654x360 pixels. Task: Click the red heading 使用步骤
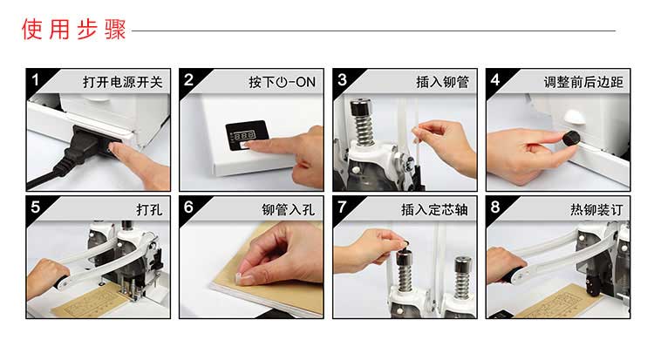tap(74, 29)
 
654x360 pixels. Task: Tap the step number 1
tap(35, 79)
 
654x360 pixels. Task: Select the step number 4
tap(495, 79)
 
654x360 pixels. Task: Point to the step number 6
tap(188, 207)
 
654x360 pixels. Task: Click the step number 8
tap(495, 207)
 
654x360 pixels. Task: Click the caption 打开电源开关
tap(123, 82)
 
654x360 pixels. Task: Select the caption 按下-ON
tap(283, 82)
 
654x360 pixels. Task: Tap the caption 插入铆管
tap(442, 82)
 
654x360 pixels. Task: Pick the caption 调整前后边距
tap(583, 82)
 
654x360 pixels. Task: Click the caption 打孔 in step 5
tap(149, 209)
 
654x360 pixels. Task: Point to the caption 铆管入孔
tap(289, 209)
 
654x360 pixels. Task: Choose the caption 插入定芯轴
tap(434, 209)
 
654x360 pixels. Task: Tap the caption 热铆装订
tap(596, 209)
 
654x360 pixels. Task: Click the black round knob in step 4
tap(571, 137)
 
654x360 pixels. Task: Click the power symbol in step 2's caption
tap(282, 82)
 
